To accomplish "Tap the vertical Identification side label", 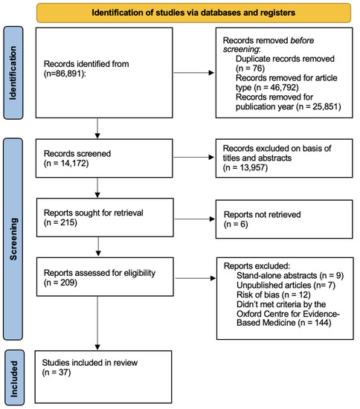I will tap(12, 71).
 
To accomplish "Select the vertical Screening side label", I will tap(12, 223).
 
